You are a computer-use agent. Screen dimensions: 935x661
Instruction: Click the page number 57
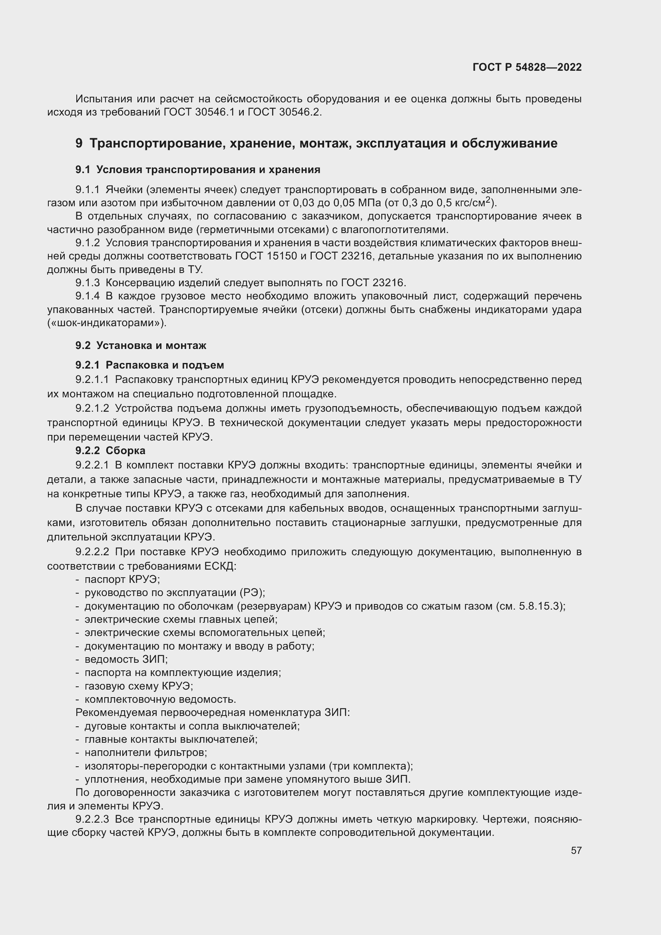pyautogui.click(x=576, y=850)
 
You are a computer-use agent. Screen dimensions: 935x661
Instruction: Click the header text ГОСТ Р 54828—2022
pyautogui.click(x=527, y=68)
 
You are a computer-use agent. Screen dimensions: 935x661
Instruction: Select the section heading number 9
pyautogui.click(x=79, y=144)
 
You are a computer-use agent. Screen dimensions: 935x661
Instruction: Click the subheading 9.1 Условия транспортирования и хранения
pyautogui.click(x=198, y=170)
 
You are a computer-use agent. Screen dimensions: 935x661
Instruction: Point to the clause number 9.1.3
pyautogui.click(x=88, y=283)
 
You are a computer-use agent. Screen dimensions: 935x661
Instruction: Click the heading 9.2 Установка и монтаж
pyautogui.click(x=141, y=345)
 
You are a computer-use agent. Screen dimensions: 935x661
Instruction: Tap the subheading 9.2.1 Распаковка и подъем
pyautogui.click(x=149, y=365)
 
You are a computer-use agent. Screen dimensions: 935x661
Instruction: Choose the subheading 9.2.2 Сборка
pyautogui.click(x=110, y=451)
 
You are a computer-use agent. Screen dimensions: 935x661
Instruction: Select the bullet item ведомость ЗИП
pyautogui.click(x=126, y=659)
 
